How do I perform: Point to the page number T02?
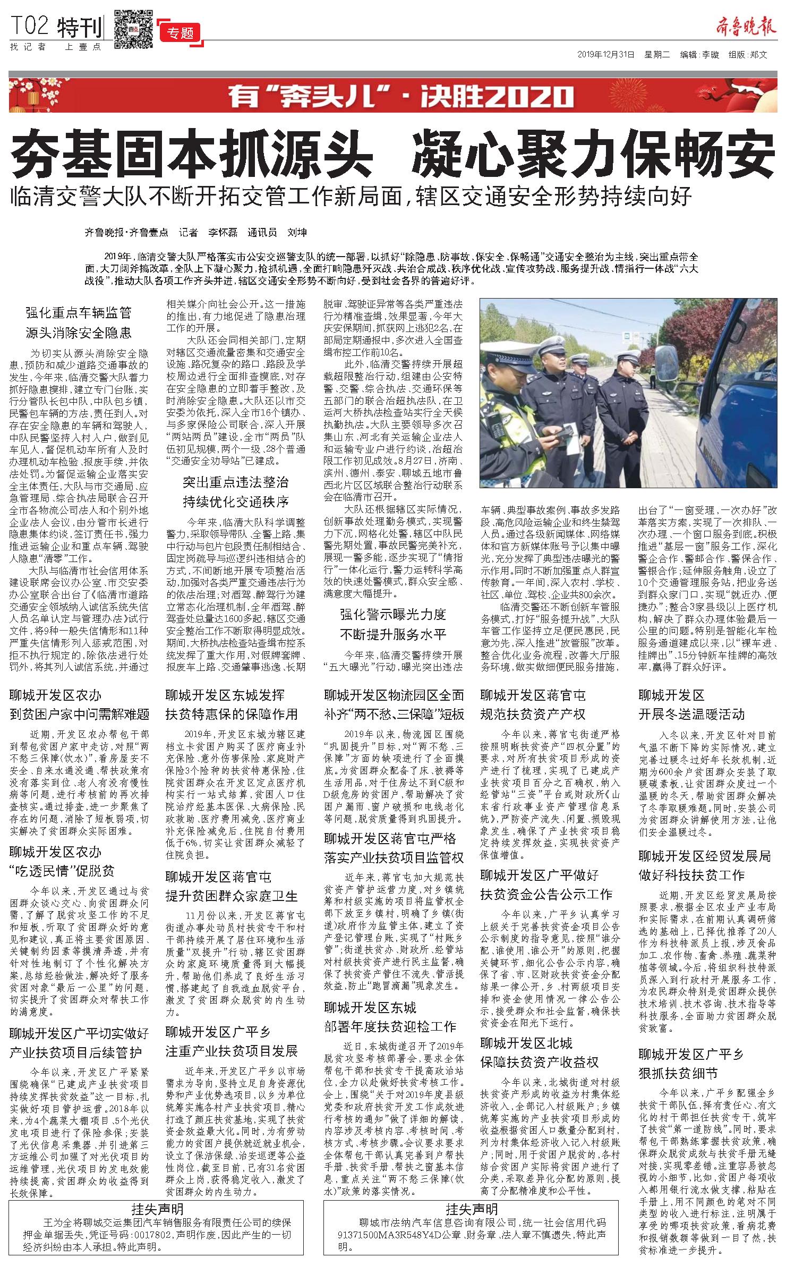pyautogui.click(x=30, y=26)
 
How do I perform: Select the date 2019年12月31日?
pyautogui.click(x=606, y=55)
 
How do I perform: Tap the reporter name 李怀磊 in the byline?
pyautogui.click(x=223, y=233)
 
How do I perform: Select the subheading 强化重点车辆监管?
pyautogui.click(x=79, y=313)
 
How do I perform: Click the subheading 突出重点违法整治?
pyautogui.click(x=236, y=482)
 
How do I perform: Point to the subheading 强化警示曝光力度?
pyautogui.click(x=393, y=615)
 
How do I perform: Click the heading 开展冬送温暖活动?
pyautogui.click(x=691, y=714)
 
